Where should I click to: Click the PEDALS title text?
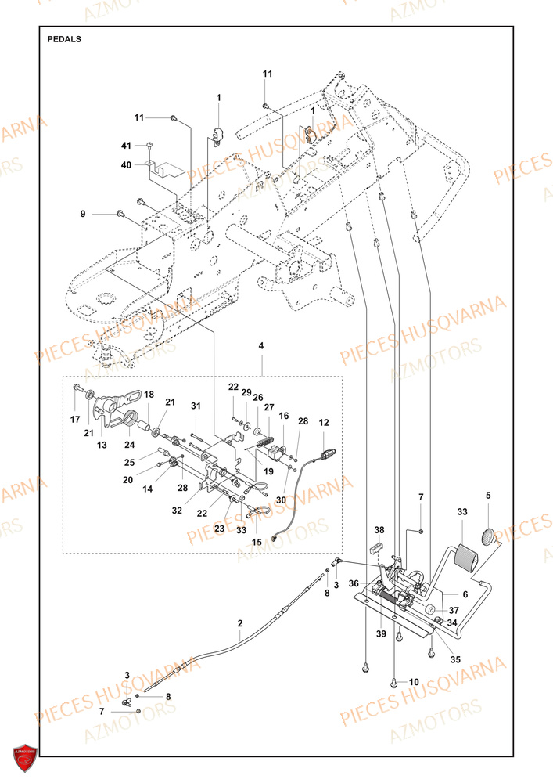point(63,38)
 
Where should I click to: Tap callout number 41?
point(126,146)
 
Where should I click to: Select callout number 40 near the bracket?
point(126,164)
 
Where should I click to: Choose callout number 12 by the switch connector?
point(324,423)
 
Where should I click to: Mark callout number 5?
point(488,495)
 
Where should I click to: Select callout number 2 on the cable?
point(240,623)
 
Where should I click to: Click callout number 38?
point(379,529)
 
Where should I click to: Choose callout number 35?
point(455,639)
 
